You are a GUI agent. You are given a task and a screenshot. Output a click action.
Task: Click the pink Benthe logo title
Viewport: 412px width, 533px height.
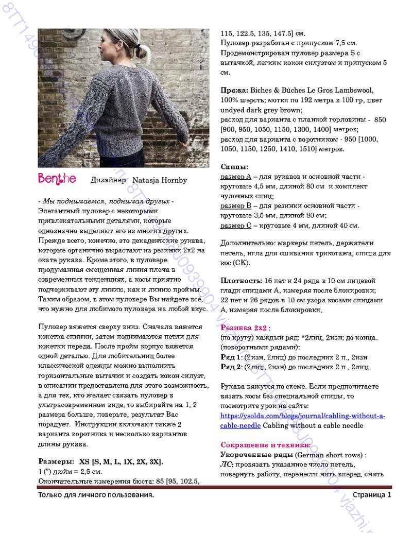tap(57, 179)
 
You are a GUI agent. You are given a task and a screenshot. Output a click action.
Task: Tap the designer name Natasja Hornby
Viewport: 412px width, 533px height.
tap(160, 180)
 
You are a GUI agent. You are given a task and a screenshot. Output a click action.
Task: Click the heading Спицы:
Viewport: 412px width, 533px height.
tap(235, 167)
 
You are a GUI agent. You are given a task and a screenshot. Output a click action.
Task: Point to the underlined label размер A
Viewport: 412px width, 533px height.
tap(236, 177)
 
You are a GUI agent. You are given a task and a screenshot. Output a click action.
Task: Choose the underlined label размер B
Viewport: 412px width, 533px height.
tap(236, 206)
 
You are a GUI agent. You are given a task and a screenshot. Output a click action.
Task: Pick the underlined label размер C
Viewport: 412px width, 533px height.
tap(236, 226)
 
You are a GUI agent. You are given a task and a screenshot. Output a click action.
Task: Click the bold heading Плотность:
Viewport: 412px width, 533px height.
tap(241, 281)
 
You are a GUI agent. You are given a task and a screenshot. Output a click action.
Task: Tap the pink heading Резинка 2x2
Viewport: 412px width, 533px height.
tap(244, 328)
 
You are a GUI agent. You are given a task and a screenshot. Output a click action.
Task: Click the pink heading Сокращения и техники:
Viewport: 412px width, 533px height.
tap(266, 445)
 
